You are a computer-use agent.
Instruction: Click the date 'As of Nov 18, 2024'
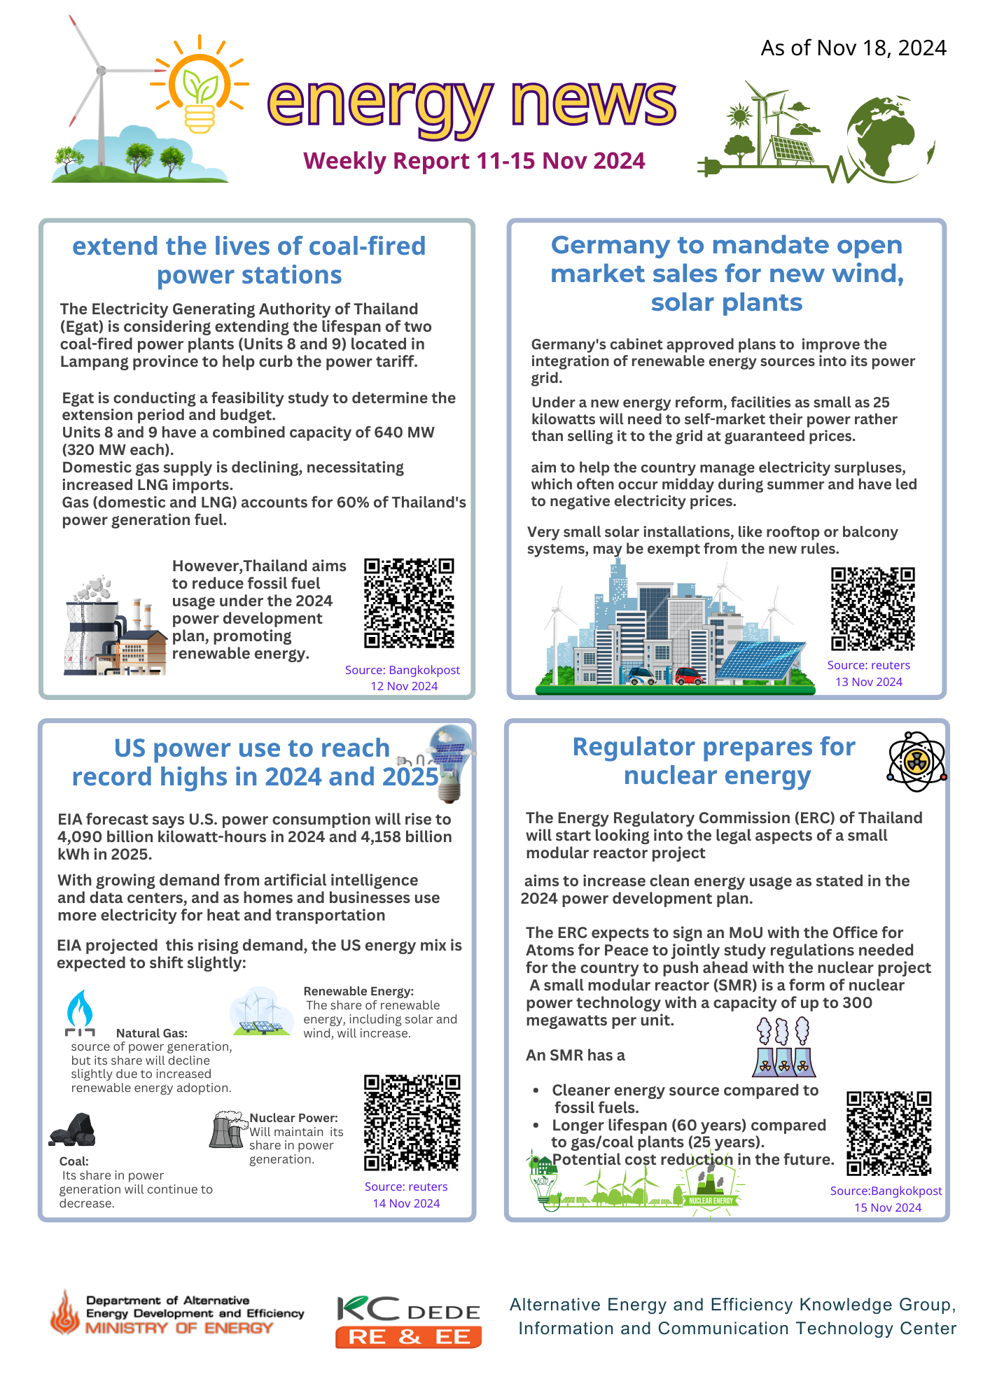(853, 48)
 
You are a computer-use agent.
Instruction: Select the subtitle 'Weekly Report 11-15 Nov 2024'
(474, 161)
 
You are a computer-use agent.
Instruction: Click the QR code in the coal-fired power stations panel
(409, 603)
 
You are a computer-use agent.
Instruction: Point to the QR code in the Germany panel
(872, 609)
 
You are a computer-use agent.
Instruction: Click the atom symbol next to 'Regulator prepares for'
(916, 762)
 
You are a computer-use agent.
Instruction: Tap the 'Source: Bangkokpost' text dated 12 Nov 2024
(403, 670)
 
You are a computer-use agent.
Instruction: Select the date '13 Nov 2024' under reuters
(868, 682)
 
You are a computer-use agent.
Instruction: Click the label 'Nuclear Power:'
(293, 1118)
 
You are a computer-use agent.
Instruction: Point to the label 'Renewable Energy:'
(358, 991)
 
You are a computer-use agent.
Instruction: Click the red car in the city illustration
(689, 676)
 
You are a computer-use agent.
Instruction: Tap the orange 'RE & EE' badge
(408, 1337)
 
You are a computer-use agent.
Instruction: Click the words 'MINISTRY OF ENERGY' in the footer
(179, 1328)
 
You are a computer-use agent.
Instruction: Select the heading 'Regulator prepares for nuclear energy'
(714, 761)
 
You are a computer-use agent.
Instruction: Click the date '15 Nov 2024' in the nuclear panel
(887, 1207)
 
